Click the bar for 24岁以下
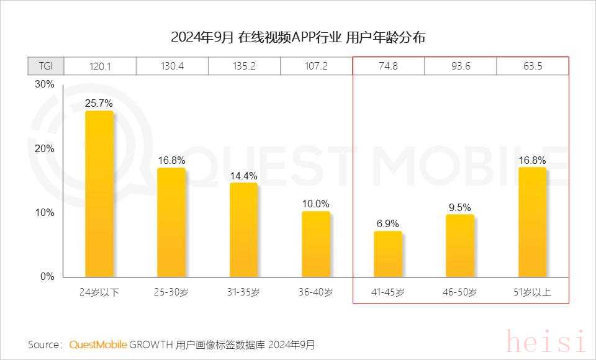coord(99,194)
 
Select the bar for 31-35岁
coord(243,230)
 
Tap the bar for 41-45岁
coord(388,254)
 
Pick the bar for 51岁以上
coord(532,222)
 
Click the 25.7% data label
coord(99,104)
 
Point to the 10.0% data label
coord(316,204)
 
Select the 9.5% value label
coord(460,207)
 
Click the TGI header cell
coord(45,66)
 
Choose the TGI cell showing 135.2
coord(244,66)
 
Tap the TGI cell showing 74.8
coord(388,66)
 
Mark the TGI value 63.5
coord(532,66)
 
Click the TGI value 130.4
coord(172,66)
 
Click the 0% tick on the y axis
coord(48,277)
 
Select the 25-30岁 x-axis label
coord(171,292)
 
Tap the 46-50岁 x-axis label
coord(460,292)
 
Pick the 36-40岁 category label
coord(316,292)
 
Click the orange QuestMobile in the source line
coord(98,344)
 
